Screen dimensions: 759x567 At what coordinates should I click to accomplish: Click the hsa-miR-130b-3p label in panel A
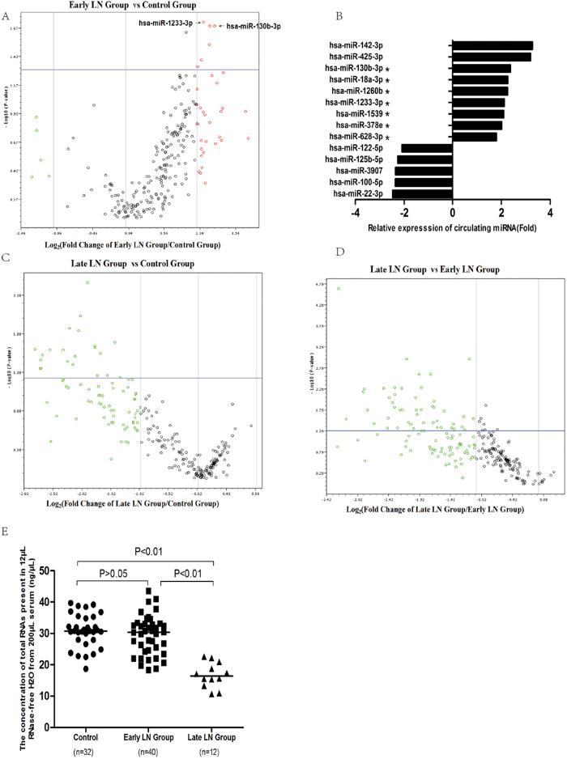point(254,28)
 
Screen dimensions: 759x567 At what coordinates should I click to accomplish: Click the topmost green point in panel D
point(339,288)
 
